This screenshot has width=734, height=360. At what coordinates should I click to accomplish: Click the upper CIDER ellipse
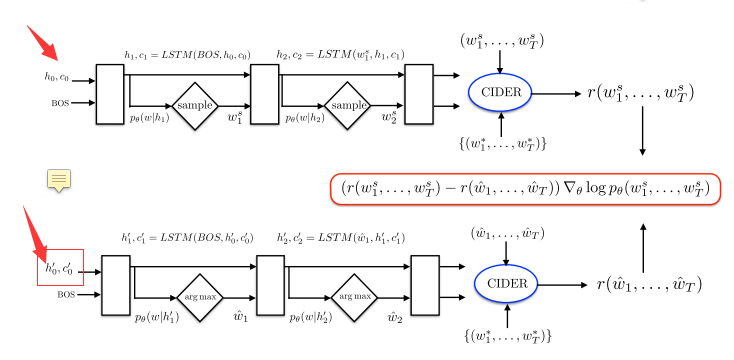(500, 94)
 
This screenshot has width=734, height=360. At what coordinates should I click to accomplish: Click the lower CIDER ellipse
(505, 284)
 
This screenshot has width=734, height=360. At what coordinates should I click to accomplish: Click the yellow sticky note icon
(60, 180)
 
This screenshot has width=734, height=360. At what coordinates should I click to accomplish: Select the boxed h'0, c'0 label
(61, 267)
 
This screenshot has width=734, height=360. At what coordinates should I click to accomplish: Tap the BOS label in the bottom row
(67, 295)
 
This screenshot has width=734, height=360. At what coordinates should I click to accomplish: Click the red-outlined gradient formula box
(524, 187)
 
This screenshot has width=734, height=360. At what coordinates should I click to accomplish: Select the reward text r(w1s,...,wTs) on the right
(640, 93)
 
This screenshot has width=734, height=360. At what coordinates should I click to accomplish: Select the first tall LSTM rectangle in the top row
(108, 94)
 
